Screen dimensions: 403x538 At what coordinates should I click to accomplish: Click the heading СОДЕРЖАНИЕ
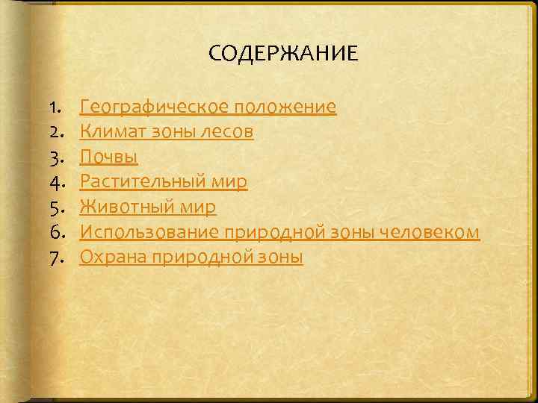(283, 54)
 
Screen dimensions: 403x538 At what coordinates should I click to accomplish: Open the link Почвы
(108, 157)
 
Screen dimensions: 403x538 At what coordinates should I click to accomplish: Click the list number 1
(55, 107)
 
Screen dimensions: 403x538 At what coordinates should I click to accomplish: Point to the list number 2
(55, 132)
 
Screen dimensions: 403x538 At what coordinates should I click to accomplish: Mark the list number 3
(55, 157)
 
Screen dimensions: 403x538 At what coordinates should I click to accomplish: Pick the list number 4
(55, 182)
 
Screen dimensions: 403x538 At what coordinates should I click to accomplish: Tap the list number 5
(55, 207)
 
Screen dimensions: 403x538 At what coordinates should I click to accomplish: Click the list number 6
(55, 233)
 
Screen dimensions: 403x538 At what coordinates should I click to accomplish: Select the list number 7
(55, 258)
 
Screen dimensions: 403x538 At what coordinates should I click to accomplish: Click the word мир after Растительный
(230, 182)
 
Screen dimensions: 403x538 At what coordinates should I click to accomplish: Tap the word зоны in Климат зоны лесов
(171, 132)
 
